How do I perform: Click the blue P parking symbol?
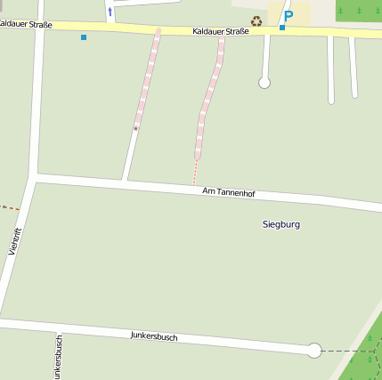point(288,16)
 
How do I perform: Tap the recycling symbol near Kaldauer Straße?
point(256,20)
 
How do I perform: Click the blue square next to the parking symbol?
point(282,28)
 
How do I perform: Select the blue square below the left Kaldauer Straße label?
point(84,37)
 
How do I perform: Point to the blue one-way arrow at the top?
point(110,12)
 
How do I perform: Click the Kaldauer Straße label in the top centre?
point(220,31)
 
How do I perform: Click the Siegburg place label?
point(281,224)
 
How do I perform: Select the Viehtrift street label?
point(15,241)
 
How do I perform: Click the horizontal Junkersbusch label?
point(154,336)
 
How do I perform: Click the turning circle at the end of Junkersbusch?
point(313,351)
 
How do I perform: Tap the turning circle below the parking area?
point(264,83)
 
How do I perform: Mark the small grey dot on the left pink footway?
point(135,128)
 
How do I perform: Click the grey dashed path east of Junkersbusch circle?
point(343,351)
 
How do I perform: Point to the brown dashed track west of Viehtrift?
point(9,208)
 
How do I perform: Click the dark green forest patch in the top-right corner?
point(358,10)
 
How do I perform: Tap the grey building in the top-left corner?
point(2,4)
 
